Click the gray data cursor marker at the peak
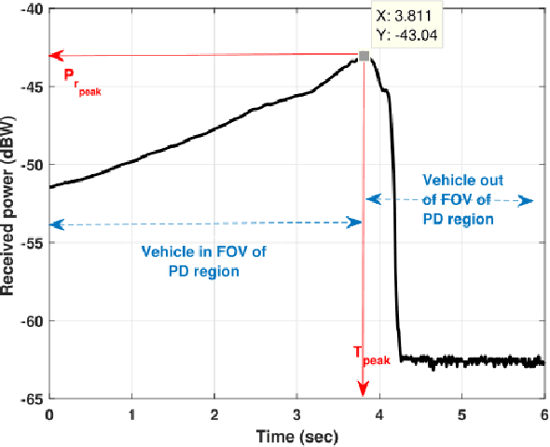tap(364, 57)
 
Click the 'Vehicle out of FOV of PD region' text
tap(457, 198)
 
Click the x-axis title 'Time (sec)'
tap(296, 435)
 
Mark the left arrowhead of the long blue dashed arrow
tap(54, 223)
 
